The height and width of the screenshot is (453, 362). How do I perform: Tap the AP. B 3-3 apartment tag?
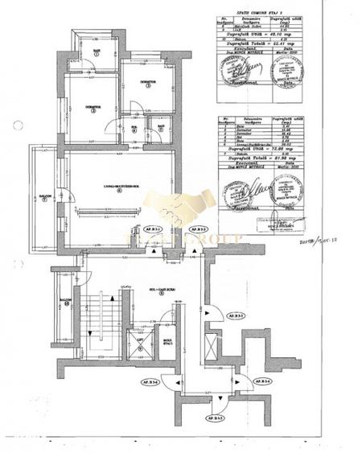[212, 418]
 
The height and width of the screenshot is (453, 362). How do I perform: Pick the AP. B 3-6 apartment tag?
[150, 381]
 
